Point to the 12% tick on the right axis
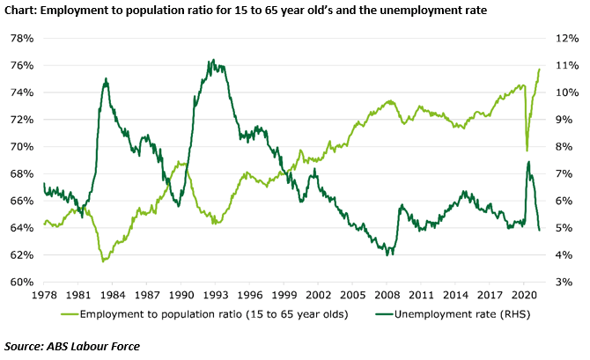tap(567, 39)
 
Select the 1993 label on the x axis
tap(215, 295)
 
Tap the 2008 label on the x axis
tap(387, 295)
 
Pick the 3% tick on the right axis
tap(564, 283)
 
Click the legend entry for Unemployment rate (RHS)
tap(453, 314)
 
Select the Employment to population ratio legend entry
tap(204, 314)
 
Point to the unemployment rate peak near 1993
tap(213, 60)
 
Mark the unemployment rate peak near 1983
tap(106, 78)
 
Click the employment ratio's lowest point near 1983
tap(103, 261)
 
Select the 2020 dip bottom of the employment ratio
tap(527, 151)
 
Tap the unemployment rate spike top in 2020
tap(528, 162)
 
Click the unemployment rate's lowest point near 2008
tap(387, 255)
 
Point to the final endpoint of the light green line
tap(540, 70)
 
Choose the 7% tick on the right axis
tap(564, 173)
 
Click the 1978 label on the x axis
tap(44, 295)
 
